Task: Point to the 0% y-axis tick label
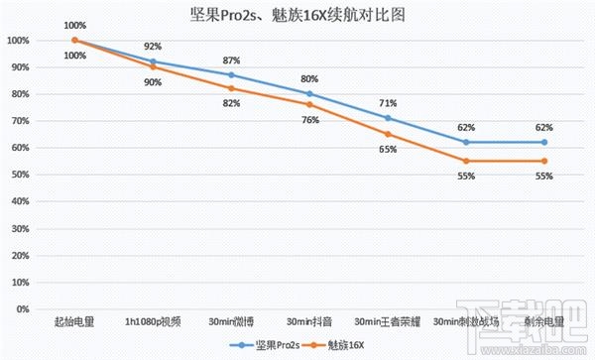[19, 308]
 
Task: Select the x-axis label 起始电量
[74, 321]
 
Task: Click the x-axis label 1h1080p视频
[153, 321]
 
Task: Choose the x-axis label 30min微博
[231, 321]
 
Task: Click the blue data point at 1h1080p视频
[153, 61]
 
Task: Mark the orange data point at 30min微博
[231, 88]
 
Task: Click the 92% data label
[153, 47]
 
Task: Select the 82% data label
[231, 103]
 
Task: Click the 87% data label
[231, 60]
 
